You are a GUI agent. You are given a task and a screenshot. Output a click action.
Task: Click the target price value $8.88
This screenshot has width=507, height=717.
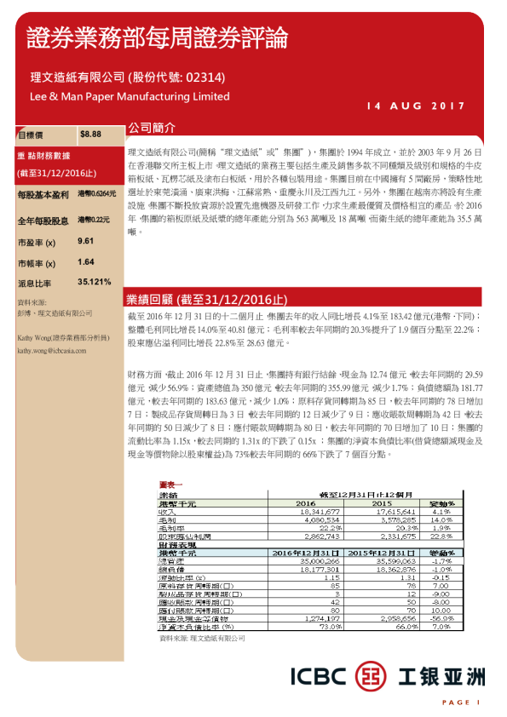coord(90,135)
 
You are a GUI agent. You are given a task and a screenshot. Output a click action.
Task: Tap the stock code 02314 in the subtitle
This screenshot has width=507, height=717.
coord(204,77)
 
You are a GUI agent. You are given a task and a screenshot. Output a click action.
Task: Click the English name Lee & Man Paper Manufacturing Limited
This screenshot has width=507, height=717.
coord(124,96)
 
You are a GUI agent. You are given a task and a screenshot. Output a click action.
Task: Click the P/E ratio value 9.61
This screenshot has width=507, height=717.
coord(85,242)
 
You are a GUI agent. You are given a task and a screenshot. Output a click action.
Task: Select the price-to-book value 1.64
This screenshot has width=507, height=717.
coord(85,262)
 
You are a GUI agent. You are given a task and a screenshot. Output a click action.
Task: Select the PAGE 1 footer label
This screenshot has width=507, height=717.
coord(461,702)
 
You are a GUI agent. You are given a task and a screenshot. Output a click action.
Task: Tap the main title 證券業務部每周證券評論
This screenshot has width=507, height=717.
coord(157,37)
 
